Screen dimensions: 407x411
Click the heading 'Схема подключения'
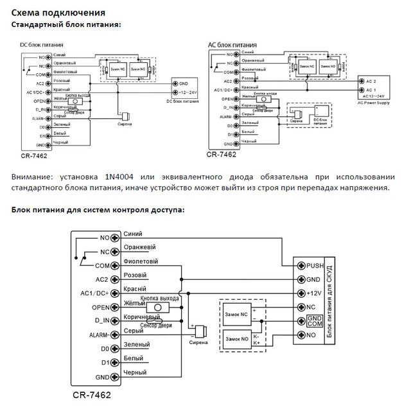[55, 13]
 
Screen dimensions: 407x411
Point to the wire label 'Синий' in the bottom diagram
[132, 234]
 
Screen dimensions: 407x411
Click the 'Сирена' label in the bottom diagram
[198, 343]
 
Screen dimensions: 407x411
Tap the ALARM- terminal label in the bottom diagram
[99, 335]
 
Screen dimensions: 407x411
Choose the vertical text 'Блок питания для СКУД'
[330, 300]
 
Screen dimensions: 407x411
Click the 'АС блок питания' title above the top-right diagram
[229, 46]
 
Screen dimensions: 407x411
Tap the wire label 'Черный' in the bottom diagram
[135, 373]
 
